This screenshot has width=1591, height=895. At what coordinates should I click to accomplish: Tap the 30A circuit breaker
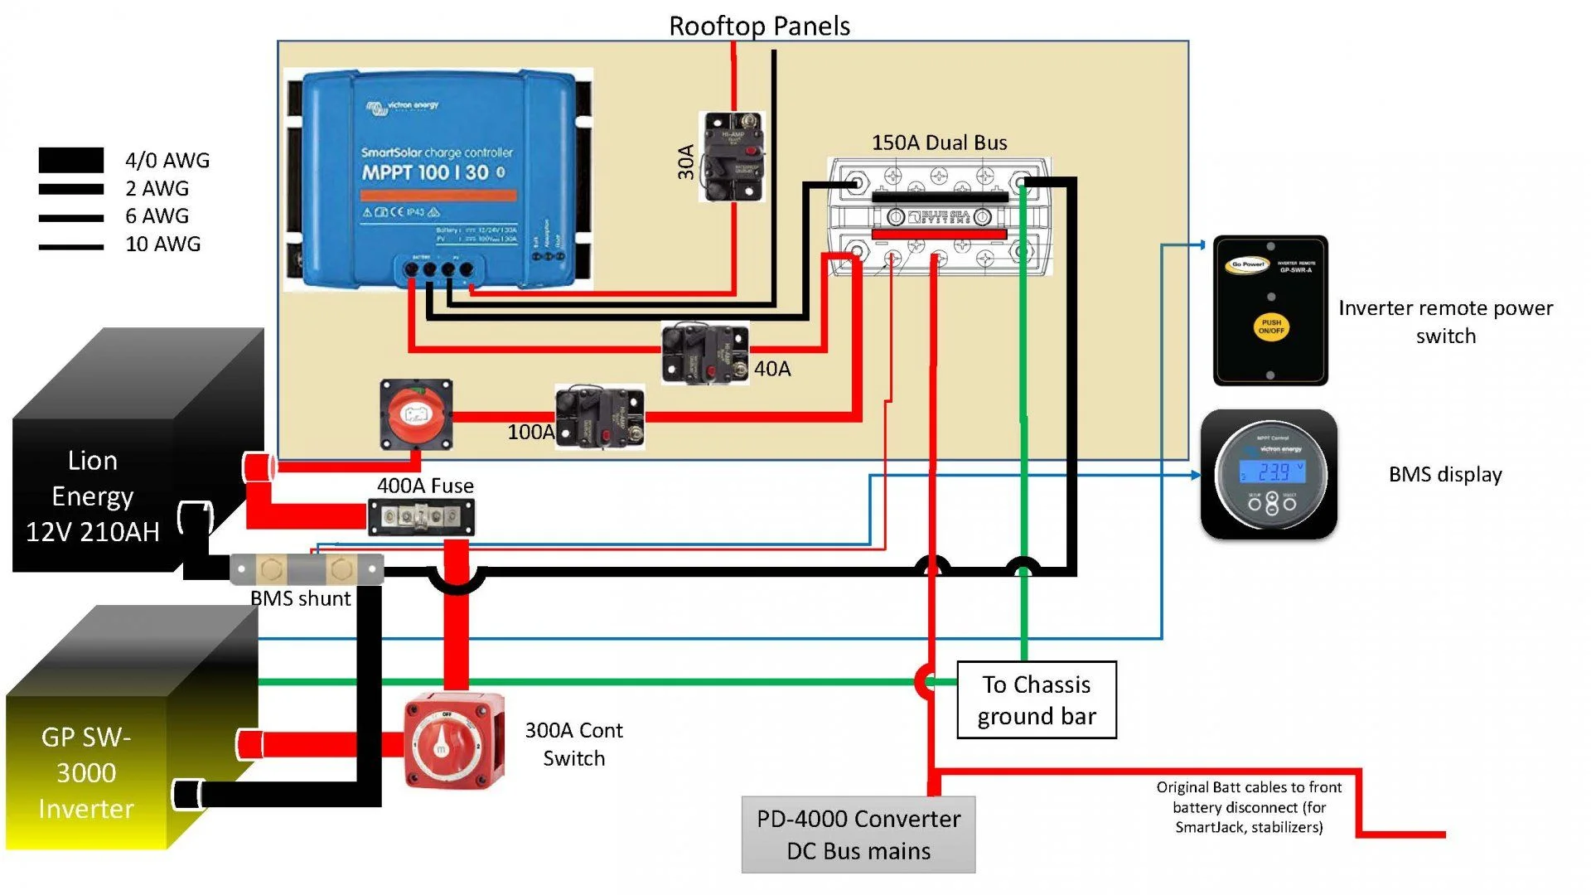732,157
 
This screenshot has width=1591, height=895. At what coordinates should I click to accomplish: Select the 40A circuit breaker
705,353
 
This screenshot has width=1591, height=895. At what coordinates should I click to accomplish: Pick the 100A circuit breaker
600,416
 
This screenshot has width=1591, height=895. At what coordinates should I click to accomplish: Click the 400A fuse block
421,517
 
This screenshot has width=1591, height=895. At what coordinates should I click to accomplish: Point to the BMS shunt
307,569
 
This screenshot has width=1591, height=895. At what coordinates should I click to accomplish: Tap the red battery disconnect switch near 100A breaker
416,414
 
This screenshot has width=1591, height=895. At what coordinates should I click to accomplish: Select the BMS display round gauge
1269,475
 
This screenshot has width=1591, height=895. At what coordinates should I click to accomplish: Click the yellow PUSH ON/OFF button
1270,327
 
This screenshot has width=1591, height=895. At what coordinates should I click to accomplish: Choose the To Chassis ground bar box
1037,700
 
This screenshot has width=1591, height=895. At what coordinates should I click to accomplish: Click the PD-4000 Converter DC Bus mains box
858,835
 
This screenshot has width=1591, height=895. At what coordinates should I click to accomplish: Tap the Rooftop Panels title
759,26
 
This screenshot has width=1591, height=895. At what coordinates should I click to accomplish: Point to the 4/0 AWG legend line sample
71,160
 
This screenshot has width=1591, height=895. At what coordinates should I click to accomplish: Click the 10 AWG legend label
163,244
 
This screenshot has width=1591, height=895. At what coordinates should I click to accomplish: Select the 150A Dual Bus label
939,143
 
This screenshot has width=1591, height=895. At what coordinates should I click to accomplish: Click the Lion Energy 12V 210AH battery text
93,496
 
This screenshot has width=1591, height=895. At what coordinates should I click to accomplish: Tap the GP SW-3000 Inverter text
86,772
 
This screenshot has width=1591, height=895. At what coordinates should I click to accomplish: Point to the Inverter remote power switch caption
1445,322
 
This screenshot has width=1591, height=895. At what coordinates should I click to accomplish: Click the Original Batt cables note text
1249,807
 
